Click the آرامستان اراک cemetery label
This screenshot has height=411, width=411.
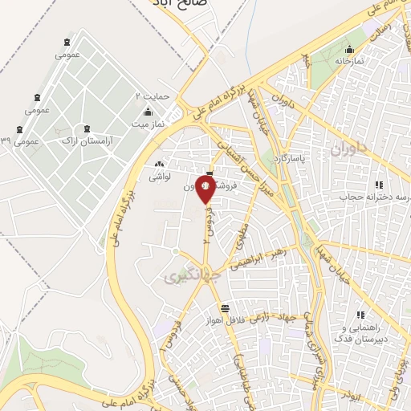pos(87,139)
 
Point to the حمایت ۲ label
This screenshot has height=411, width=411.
pos(152,96)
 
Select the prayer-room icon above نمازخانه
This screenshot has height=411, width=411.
pos(348,48)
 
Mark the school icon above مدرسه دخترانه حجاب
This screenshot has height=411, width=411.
pos(378,185)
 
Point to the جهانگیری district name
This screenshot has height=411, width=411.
pos(185,277)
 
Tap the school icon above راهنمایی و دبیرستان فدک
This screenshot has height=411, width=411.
pos(360,315)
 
